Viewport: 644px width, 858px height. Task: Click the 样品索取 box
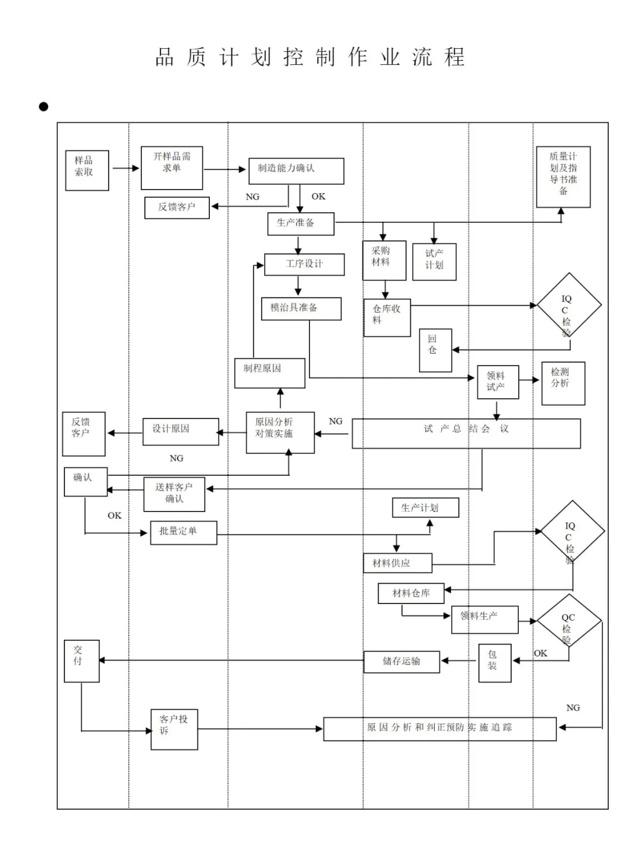click(x=87, y=171)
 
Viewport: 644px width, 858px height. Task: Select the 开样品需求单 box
click(x=172, y=168)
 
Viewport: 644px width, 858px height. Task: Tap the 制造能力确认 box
click(x=296, y=171)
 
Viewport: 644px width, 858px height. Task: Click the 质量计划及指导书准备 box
click(x=563, y=177)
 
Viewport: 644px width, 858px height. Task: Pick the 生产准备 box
click(x=301, y=224)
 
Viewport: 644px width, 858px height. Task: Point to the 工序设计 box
click(x=304, y=264)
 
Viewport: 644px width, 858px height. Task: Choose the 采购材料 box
click(x=384, y=261)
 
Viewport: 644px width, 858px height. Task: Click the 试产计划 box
click(x=434, y=262)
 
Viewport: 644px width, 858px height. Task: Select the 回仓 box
click(x=435, y=350)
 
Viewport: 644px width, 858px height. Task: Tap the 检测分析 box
click(x=563, y=383)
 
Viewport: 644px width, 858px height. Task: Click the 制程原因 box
click(x=270, y=373)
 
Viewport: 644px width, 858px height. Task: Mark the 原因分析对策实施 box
click(x=280, y=432)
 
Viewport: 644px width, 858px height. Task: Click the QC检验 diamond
click(x=569, y=622)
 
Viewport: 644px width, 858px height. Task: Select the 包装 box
click(x=494, y=662)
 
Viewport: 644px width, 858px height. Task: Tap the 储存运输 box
click(x=401, y=662)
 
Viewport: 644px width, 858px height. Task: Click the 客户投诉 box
click(x=174, y=729)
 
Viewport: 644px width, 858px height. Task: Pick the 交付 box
click(x=82, y=661)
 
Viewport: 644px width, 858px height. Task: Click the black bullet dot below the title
click(x=44, y=107)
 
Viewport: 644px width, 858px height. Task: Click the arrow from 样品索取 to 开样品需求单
click(x=125, y=168)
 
